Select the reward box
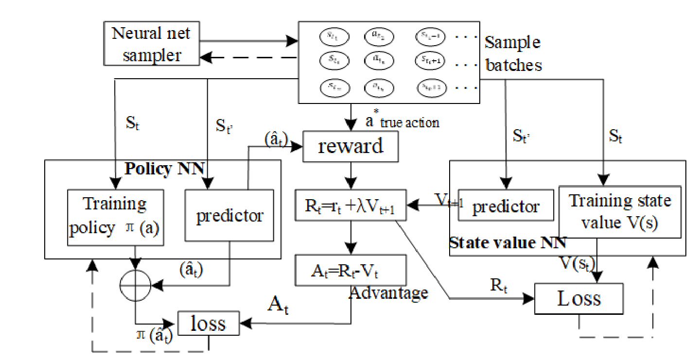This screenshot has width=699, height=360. point(350,146)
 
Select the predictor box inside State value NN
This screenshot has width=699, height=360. point(506,206)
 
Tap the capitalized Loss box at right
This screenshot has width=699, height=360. point(578,298)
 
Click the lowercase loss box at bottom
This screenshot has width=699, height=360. point(208,323)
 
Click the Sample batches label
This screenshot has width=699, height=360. point(513,53)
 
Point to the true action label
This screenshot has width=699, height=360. point(409,122)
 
